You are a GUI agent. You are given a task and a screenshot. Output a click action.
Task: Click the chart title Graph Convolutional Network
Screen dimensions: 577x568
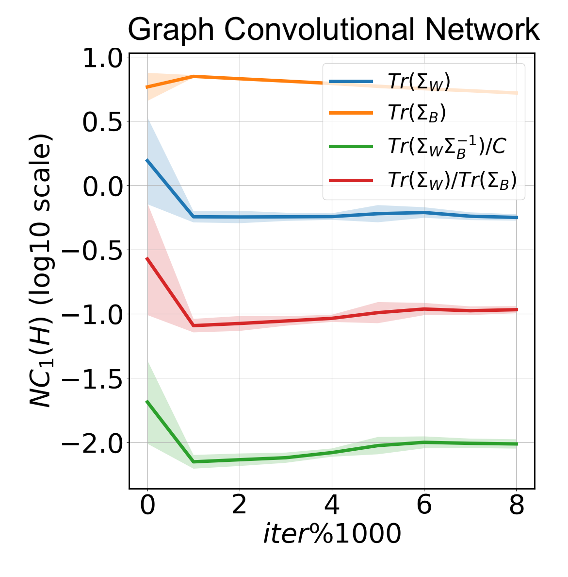333,30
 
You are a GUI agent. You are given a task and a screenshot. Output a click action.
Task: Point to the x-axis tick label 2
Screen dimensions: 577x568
240,505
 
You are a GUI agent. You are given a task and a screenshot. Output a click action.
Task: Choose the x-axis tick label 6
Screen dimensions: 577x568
424,505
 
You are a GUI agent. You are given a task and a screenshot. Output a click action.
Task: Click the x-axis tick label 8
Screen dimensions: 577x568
517,505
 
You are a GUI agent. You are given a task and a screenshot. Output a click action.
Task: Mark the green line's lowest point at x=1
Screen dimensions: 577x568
194,461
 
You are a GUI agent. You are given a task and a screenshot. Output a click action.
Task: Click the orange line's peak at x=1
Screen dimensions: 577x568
194,76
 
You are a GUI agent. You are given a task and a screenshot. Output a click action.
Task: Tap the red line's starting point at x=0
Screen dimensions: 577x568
147,258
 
